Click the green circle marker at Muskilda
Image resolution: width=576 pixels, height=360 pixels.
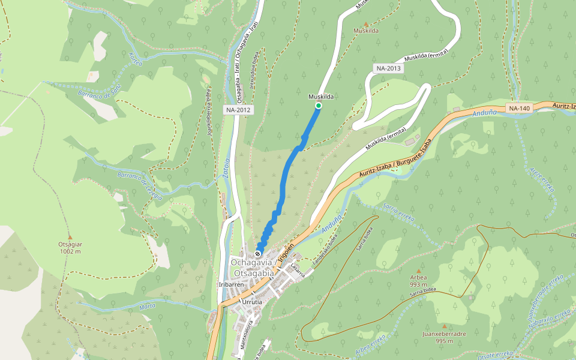[x=319, y=106]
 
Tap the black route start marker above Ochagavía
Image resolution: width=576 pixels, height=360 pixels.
[x=258, y=253]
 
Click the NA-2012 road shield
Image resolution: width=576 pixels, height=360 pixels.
[x=238, y=110]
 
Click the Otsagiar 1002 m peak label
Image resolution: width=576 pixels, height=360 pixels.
[x=70, y=247]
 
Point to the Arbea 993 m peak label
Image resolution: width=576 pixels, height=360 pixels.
[x=418, y=281]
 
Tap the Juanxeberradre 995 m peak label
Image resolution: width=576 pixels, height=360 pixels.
[x=444, y=337]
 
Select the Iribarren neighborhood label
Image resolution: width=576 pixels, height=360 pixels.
[x=230, y=284]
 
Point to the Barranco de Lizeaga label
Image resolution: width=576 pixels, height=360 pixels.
[x=139, y=185]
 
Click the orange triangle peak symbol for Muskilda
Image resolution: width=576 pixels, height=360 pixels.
[x=366, y=24]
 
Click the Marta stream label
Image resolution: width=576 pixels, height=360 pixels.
[x=147, y=307]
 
